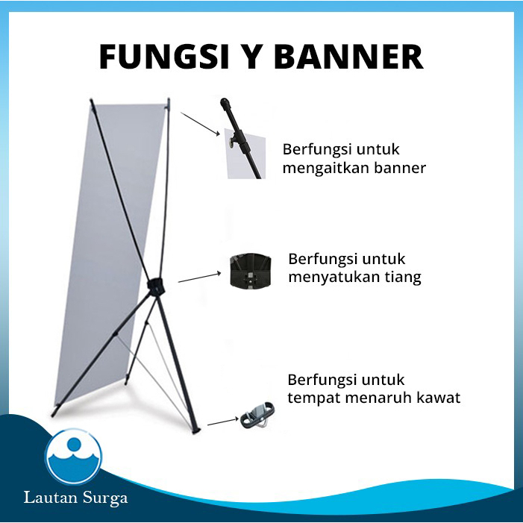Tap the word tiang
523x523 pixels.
coord(403,278)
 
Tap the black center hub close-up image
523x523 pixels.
coord(254,272)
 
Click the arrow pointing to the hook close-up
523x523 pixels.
coord(199,123)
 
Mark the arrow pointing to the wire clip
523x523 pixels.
coord(222,422)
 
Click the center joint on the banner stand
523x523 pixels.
coord(156,286)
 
